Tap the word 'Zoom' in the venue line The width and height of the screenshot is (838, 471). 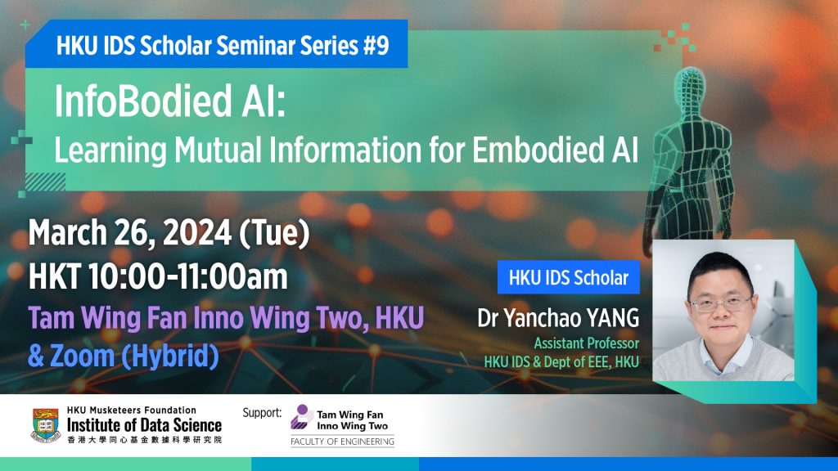click(86, 357)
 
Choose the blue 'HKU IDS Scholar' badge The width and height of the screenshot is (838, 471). click(568, 278)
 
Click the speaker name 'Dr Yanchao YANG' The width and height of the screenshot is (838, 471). click(558, 319)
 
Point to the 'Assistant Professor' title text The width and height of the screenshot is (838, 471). click(586, 343)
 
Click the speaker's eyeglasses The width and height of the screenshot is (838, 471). click(722, 303)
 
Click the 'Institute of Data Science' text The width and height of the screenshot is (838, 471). click(144, 425)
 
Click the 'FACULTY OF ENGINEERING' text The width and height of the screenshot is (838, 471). click(342, 442)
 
